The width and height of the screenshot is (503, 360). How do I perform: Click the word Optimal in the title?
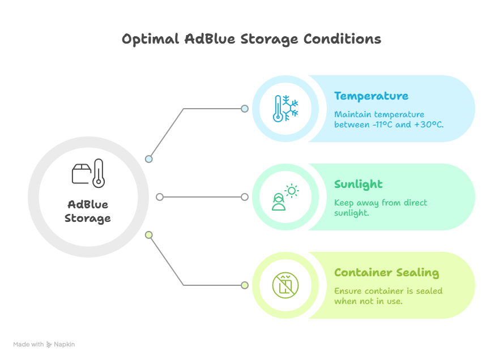tap(150, 40)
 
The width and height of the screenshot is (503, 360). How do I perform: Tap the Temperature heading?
tap(371, 96)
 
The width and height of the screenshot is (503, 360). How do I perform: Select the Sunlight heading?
tap(358, 184)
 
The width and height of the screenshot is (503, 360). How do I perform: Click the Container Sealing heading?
tap(386, 272)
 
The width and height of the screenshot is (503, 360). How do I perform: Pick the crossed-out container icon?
tap(285, 285)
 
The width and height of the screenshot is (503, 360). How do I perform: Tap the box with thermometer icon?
tap(88, 173)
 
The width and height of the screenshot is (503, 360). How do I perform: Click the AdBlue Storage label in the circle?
tap(88, 211)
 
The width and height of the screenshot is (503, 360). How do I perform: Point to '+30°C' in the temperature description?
tap(428, 124)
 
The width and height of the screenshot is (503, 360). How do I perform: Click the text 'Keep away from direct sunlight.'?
tap(380, 208)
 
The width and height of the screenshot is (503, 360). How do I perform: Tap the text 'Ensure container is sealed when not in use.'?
tap(388, 296)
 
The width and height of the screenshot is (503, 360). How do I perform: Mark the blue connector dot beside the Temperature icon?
tap(245, 109)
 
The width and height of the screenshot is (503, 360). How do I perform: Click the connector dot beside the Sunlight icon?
tap(245, 197)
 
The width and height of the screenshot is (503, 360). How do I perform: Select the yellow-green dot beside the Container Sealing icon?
tap(245, 285)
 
